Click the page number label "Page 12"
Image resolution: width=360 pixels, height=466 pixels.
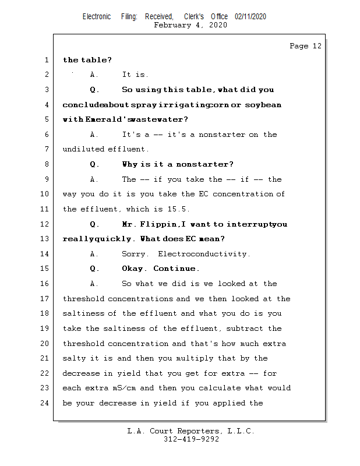click(x=305, y=46)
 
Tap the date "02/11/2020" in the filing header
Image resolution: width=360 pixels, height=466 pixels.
click(x=250, y=17)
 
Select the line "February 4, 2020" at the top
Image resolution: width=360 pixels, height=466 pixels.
click(x=190, y=25)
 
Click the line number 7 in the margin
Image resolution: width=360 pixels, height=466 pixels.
click(x=46, y=149)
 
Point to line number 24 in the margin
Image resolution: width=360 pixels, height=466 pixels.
click(x=44, y=403)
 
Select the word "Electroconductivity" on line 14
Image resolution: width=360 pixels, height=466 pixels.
click(x=204, y=254)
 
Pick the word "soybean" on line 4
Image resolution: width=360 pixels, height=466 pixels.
click(x=262, y=105)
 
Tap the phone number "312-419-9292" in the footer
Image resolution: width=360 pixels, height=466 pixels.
click(x=191, y=439)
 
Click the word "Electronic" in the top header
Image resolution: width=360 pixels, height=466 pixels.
click(x=97, y=17)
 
